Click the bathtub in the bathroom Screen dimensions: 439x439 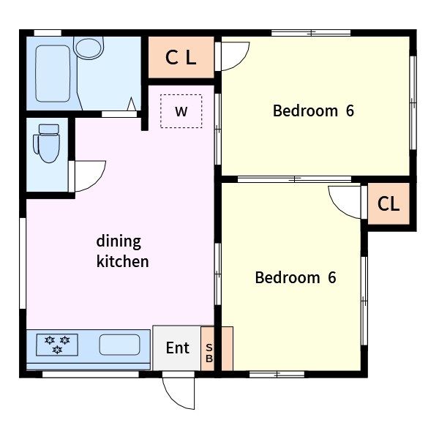(x=53, y=74)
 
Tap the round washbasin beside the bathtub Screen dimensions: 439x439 (x=89, y=48)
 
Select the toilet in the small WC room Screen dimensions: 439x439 (x=47, y=143)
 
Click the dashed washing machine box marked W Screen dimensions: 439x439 (x=181, y=111)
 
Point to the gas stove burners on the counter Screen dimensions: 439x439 (x=57, y=345)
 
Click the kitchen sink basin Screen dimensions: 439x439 (x=119, y=345)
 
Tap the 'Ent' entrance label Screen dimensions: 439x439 (x=178, y=348)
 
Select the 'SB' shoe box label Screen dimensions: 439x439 (x=209, y=353)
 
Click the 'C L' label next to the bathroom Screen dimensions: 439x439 (x=181, y=58)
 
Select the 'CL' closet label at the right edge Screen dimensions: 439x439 (x=388, y=203)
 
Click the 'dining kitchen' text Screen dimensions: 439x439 (x=122, y=252)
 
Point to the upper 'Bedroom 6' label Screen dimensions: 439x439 (x=313, y=110)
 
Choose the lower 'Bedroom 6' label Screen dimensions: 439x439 (x=296, y=277)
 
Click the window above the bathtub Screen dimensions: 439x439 (x=48, y=33)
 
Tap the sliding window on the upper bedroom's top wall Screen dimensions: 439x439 (x=311, y=33)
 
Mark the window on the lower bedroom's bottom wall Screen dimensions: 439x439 (x=277, y=375)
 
